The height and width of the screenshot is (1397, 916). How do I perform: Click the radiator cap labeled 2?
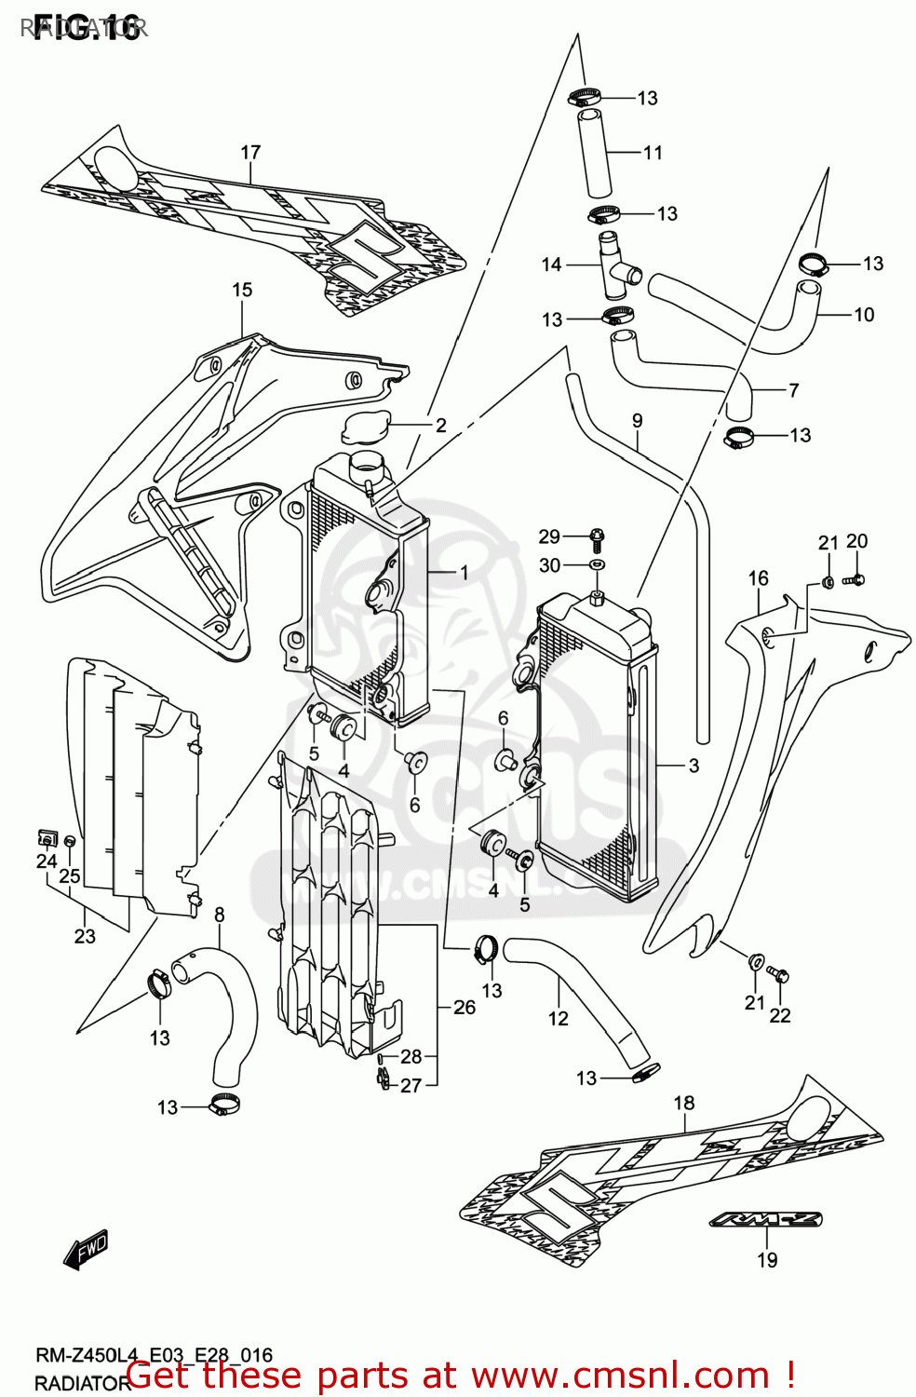click(x=366, y=429)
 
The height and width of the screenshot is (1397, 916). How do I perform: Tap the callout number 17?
click(x=250, y=152)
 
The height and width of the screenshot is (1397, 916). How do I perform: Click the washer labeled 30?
click(x=598, y=564)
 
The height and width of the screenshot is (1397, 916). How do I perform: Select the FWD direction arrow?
click(x=87, y=1249)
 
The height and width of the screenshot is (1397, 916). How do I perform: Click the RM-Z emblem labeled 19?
click(x=765, y=1219)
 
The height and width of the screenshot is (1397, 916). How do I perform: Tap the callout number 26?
click(x=465, y=1007)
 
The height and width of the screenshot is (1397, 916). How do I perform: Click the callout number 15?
click(x=242, y=290)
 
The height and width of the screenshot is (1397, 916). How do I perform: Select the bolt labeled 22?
click(x=780, y=975)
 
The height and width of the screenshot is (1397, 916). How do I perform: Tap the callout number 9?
click(x=638, y=421)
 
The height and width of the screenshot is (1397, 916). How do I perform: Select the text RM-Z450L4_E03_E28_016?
click(x=154, y=1356)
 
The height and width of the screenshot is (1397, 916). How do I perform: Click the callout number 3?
click(x=694, y=766)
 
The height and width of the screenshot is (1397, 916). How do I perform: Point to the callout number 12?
click(x=558, y=1019)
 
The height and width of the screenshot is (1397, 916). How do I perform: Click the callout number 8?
click(x=220, y=915)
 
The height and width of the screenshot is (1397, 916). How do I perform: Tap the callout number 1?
click(x=465, y=573)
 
